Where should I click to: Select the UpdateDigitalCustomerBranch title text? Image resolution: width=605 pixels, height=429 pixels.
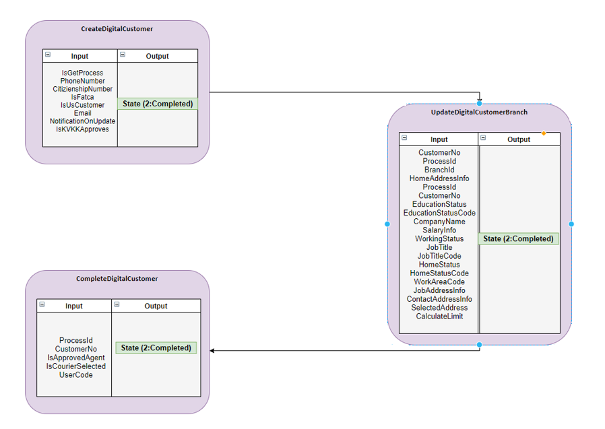coord(479,112)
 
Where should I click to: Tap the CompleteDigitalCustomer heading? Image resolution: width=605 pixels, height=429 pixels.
coord(117,279)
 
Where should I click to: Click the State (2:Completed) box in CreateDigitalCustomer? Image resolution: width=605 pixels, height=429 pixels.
coord(158,104)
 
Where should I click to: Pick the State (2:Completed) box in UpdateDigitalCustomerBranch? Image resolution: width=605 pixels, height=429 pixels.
coord(518,238)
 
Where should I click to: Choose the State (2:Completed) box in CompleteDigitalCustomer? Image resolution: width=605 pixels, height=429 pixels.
coord(156,348)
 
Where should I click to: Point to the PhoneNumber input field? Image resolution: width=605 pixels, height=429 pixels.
coord(82,81)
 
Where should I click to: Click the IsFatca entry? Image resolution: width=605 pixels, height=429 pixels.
coord(82,97)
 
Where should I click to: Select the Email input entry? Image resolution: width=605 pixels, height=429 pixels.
coord(82,113)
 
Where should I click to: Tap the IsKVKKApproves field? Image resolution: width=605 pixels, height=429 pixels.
coord(82,129)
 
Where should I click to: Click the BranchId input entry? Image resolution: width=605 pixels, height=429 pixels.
coord(439,170)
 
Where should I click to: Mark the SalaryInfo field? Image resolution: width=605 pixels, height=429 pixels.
coord(439,230)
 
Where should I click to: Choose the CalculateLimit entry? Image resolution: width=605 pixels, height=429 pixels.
coord(439,317)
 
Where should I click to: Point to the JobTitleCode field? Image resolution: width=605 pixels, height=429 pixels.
coord(439,256)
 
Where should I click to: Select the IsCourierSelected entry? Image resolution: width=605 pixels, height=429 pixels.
coord(75,366)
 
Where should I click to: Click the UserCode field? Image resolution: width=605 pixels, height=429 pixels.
coord(75,375)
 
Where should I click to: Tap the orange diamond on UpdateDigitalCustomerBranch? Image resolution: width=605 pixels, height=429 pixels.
coord(544,133)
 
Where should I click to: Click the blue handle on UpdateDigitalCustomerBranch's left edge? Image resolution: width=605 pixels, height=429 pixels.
coord(387,224)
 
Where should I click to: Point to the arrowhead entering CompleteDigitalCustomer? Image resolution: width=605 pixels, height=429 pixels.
coord(212,351)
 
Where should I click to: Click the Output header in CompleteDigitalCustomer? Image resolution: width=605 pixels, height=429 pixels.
coord(156,306)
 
